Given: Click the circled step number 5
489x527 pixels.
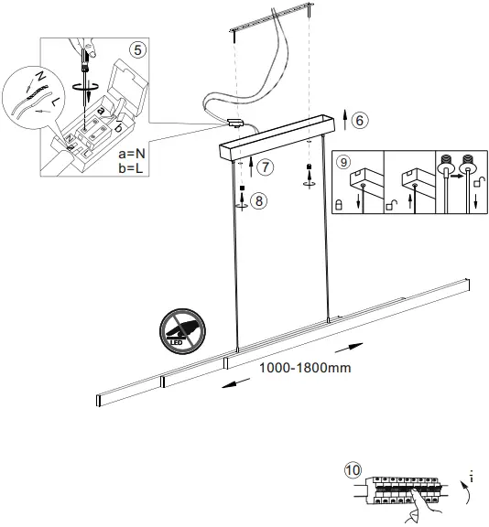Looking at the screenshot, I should coord(137,49).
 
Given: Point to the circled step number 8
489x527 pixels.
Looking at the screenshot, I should coord(260,201).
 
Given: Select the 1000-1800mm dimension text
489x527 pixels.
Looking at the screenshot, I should coord(305,368).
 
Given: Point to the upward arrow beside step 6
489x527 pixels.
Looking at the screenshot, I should coord(343,118).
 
